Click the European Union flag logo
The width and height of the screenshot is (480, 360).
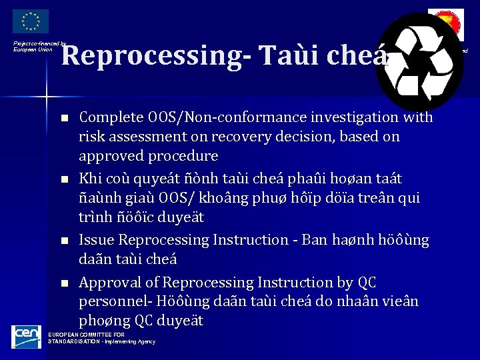[31, 21]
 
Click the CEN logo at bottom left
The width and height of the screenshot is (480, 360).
[27, 336]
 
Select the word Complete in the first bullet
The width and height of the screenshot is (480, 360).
[111, 118]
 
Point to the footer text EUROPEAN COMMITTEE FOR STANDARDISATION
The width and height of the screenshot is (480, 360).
[100, 337]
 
